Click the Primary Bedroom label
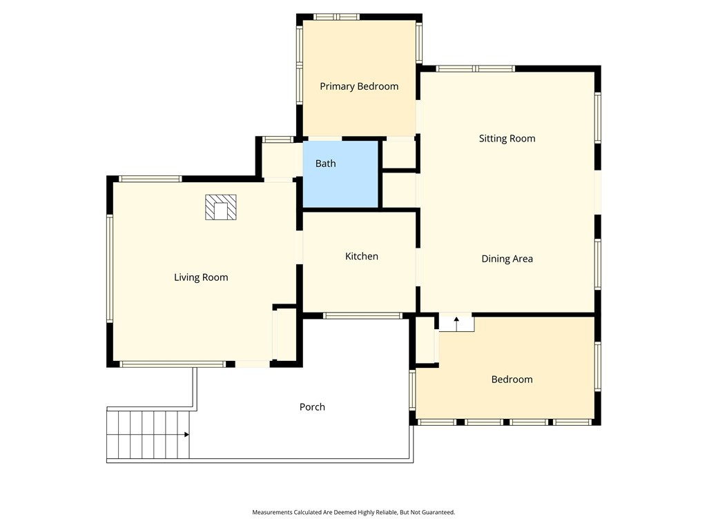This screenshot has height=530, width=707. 359,86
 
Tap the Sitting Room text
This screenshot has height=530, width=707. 507,139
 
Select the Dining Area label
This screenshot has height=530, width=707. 507,259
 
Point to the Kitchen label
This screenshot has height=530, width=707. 361,257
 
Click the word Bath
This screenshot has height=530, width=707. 325,164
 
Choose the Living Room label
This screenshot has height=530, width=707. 201,277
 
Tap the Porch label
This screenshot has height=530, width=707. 312,407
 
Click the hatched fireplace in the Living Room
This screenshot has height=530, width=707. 220,207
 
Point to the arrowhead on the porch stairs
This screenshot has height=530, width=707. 186,435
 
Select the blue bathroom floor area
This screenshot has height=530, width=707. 340,175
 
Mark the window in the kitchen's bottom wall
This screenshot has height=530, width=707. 362,316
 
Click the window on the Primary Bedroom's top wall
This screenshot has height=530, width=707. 337,17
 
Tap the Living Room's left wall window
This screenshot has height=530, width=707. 109,268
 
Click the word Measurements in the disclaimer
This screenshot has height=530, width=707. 272,513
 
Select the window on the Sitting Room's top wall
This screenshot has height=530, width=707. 475,69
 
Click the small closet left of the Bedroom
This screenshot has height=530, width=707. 425,340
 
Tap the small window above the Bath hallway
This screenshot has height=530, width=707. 278,139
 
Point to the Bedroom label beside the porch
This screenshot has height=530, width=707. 512,380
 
